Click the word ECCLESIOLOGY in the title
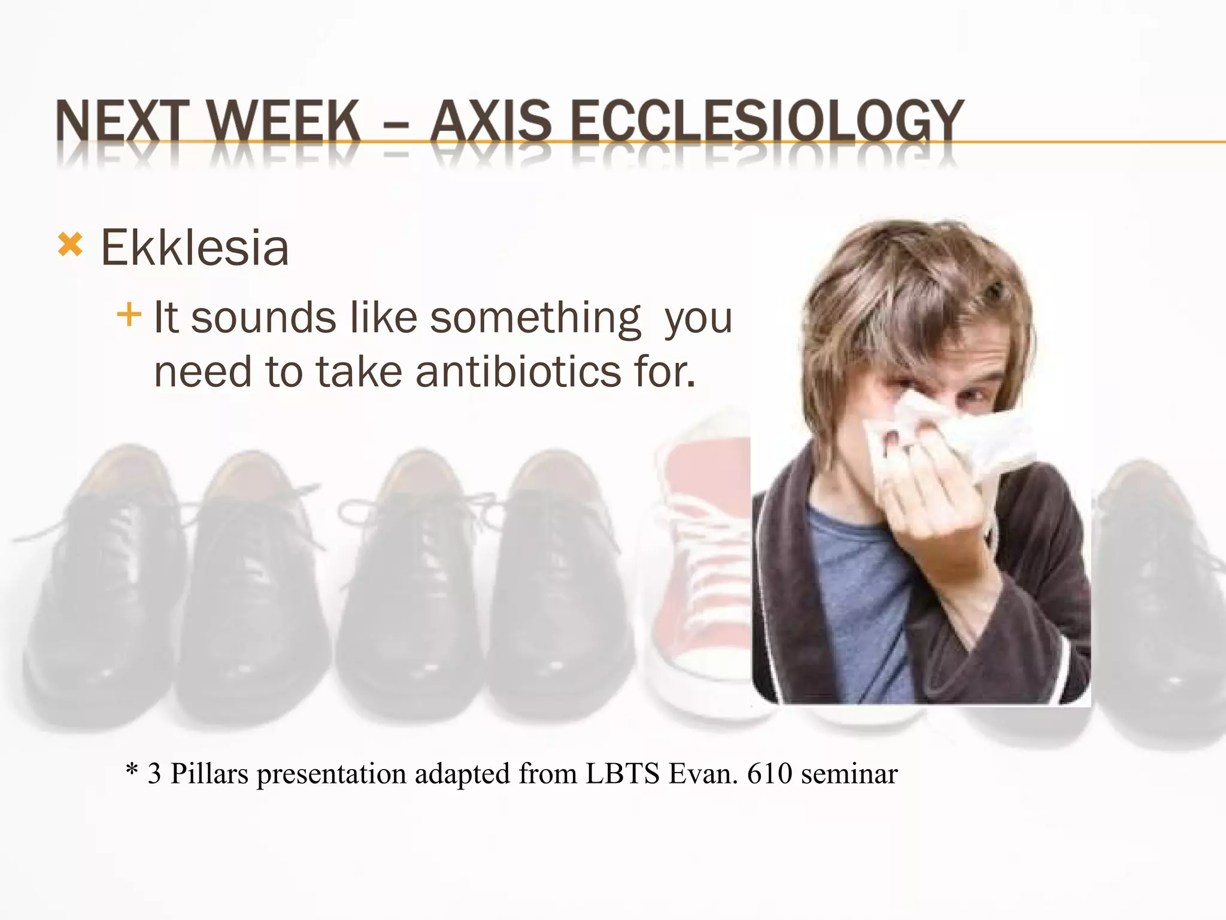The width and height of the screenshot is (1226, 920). [x=766, y=122]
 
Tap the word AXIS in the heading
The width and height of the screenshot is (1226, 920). [x=491, y=122]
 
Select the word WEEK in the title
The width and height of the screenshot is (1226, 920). [x=284, y=122]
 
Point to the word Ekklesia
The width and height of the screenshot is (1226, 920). [x=195, y=247]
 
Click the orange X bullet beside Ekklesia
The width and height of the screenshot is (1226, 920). [x=70, y=245]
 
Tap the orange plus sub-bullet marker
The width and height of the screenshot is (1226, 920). [x=129, y=314]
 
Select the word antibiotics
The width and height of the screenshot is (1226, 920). [x=518, y=372]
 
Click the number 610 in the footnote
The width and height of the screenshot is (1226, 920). [x=770, y=773]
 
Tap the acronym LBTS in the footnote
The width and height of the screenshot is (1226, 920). [x=623, y=773]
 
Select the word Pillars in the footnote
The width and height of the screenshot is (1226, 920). [x=209, y=773]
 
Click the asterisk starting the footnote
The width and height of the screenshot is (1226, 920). [x=132, y=770]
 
